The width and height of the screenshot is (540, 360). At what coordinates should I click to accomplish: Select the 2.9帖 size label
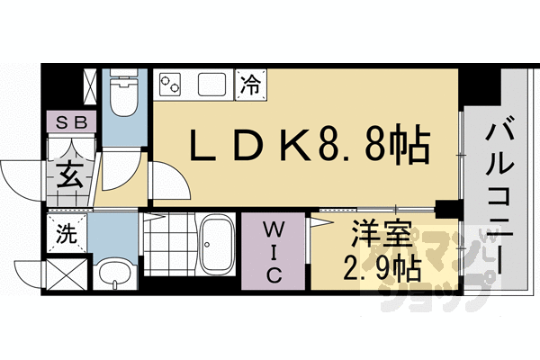380,267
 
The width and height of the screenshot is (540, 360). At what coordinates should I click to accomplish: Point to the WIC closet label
274,251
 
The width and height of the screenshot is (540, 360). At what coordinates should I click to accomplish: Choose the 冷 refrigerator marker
249,86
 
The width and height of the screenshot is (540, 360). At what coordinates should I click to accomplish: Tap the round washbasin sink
113,272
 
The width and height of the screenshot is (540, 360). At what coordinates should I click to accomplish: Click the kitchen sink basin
212,85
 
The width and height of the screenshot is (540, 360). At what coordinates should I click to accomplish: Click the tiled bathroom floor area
168,243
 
